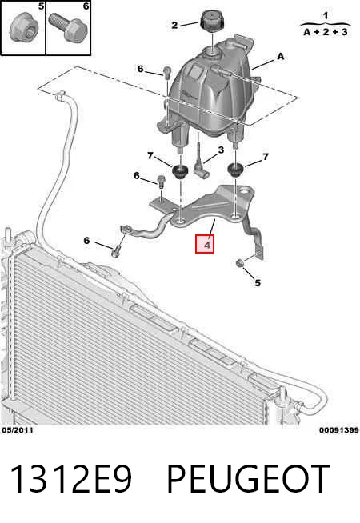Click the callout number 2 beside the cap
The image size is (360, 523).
tap(175, 25)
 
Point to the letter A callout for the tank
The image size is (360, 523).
tap(281, 56)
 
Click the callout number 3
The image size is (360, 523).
tap(221, 150)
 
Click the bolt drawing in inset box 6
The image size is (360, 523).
tap(68, 27)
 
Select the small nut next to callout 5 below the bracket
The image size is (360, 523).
tap(239, 264)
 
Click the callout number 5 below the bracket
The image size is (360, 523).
tap(258, 283)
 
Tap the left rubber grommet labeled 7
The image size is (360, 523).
tap(180, 171)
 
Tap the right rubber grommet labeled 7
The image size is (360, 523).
tap(235, 170)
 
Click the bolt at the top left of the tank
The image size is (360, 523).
tap(167, 72)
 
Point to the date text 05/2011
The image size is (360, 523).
tap(18, 430)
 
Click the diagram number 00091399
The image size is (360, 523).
tap(339, 430)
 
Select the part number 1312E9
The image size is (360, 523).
tap(71, 479)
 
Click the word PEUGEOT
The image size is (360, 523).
tap(248, 479)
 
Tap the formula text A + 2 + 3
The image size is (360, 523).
tap(326, 32)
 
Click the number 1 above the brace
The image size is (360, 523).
tap(326, 15)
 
